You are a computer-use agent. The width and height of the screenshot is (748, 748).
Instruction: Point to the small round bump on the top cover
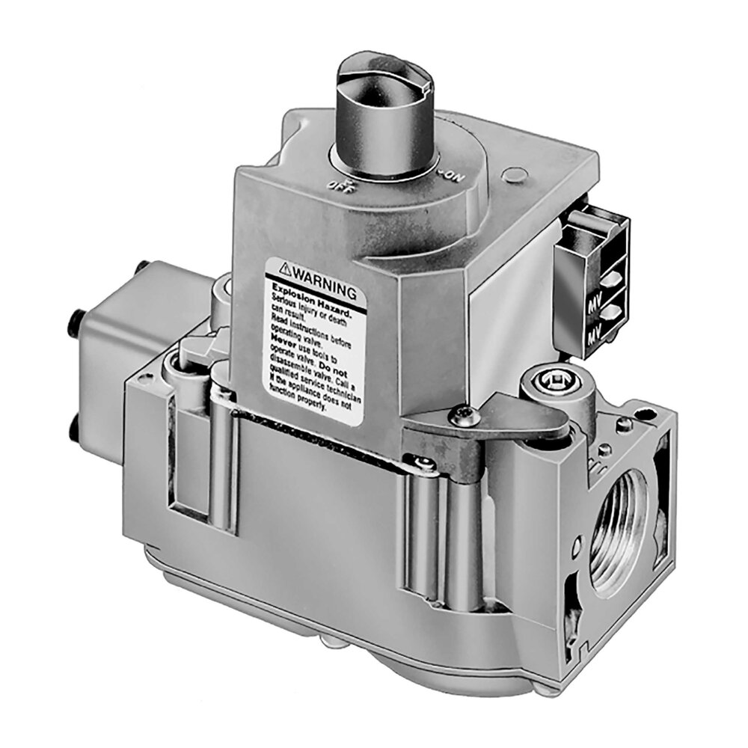coord(512,177)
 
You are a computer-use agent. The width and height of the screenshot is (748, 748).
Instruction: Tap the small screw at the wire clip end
coord(425,465)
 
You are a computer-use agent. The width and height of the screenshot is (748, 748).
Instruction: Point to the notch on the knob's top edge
coord(427,88)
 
